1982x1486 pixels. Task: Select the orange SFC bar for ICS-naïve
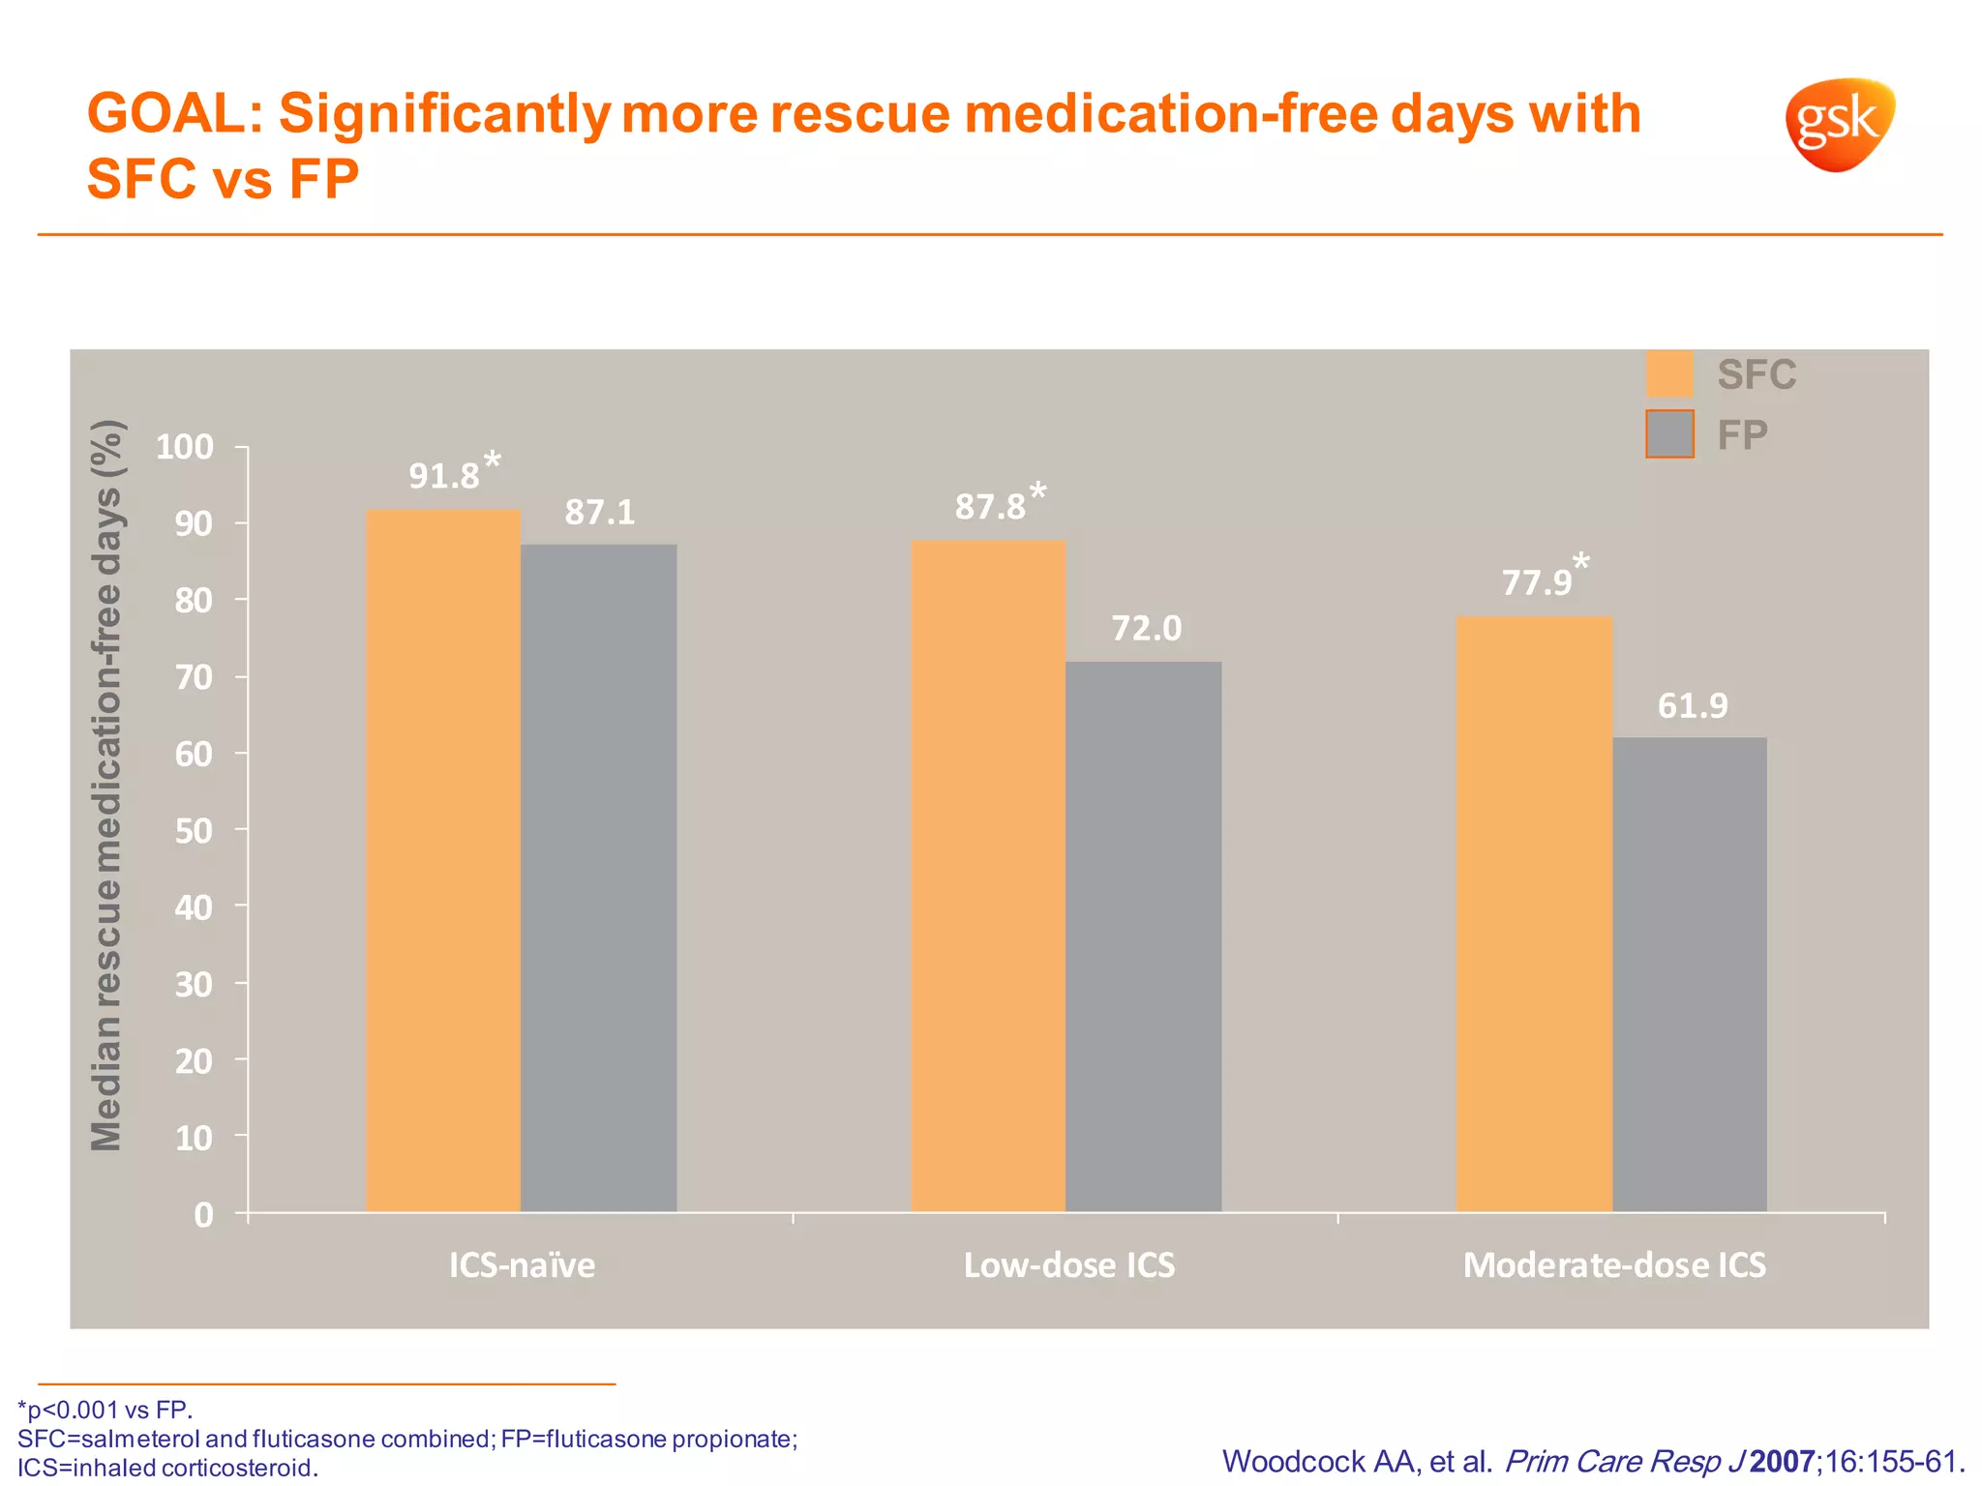pos(443,861)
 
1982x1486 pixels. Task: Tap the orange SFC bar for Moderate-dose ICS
pos(1534,914)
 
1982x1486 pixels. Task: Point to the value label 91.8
pos(444,476)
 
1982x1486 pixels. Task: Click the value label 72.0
pos(1146,629)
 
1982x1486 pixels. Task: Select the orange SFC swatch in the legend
pos(1669,374)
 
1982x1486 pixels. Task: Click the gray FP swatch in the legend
pos(1669,434)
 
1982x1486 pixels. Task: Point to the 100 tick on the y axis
pos(184,447)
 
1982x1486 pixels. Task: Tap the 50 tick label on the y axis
pos(193,830)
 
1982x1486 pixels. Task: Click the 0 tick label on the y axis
pos(203,1214)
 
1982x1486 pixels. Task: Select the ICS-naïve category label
pos(522,1265)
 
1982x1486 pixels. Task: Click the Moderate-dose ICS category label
pos(1614,1265)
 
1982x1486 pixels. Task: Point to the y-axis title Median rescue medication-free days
pos(106,786)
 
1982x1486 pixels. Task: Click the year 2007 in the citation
pos(1782,1462)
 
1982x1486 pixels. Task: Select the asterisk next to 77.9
pos(1580,561)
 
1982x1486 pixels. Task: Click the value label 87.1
pos(600,512)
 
